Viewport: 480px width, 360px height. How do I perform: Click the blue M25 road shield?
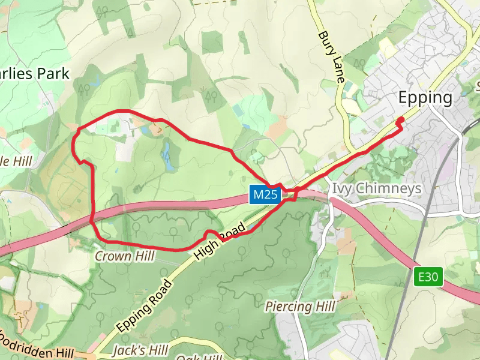265,194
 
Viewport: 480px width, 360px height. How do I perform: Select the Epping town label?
425,98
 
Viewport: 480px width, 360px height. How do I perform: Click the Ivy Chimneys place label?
376,188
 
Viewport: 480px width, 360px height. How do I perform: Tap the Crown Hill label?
125,256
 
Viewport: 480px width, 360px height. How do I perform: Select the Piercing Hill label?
299,307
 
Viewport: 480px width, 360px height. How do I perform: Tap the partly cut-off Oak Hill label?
205,357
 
